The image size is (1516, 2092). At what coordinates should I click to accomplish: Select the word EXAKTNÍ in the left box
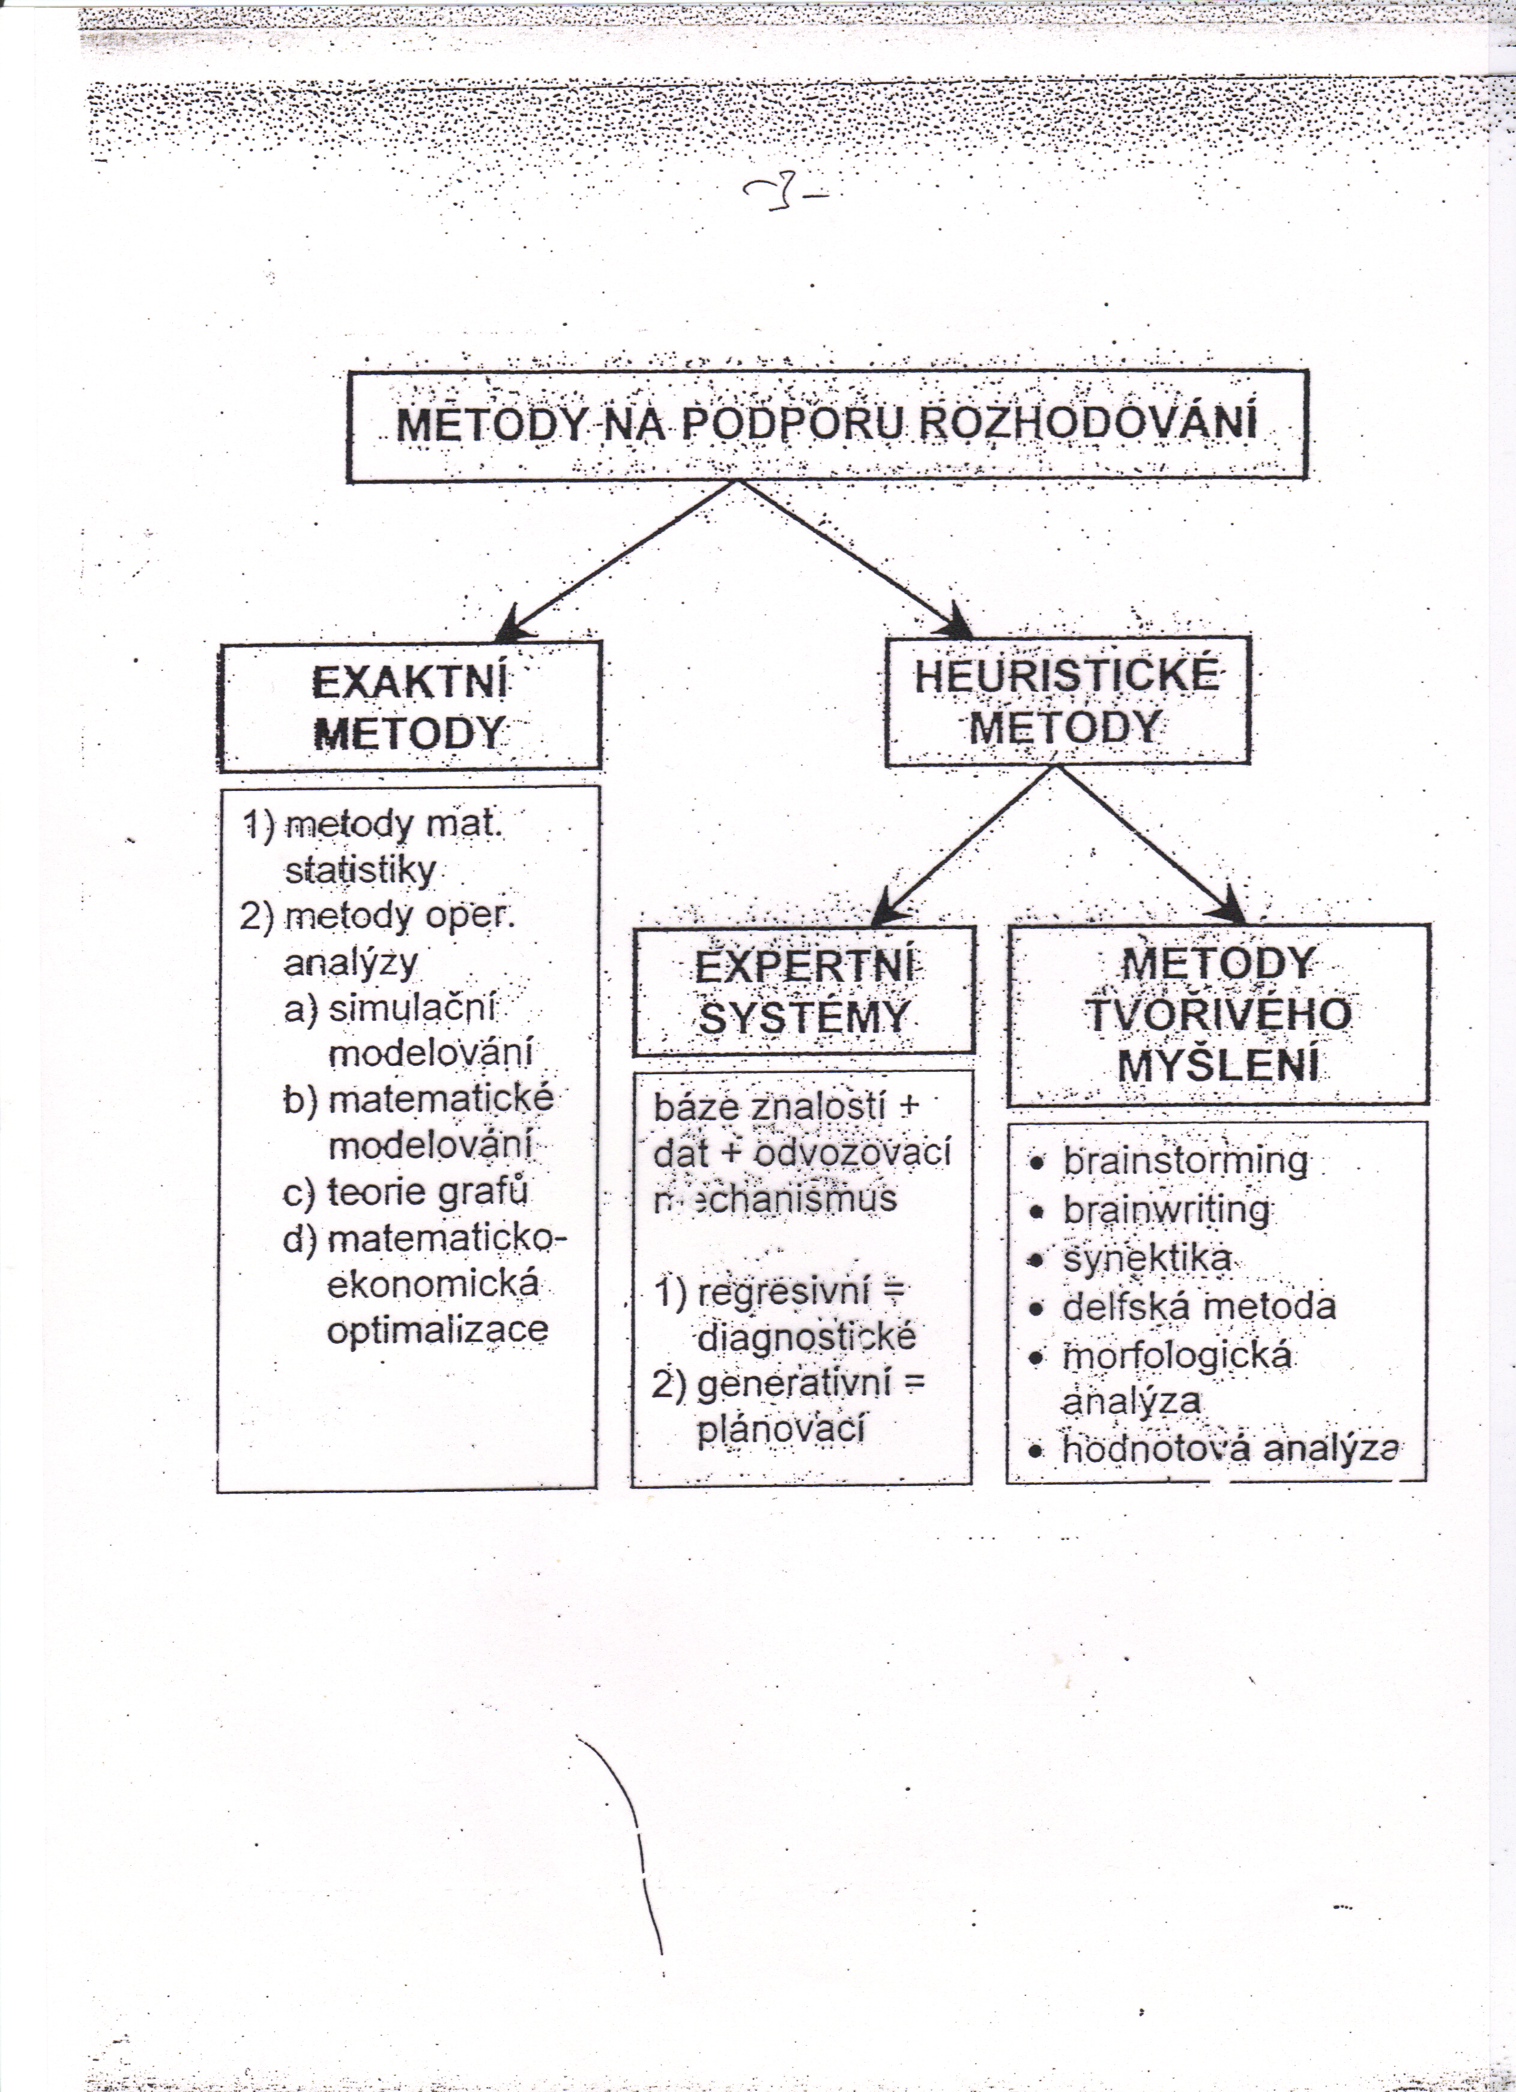pos(409,684)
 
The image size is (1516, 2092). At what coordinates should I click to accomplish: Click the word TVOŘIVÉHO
pos(1218,1015)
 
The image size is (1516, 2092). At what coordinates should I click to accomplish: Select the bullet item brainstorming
pos(1185,1161)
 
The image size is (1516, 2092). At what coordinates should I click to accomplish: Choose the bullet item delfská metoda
pos(1198,1306)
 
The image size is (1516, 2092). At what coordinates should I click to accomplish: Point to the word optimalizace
pos(437,1329)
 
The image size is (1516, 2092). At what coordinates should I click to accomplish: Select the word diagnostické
pos(806,1336)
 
